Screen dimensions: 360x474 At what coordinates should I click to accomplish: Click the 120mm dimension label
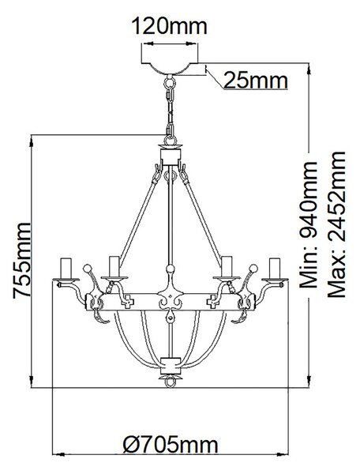click(170, 26)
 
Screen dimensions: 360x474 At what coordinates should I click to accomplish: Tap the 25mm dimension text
click(256, 81)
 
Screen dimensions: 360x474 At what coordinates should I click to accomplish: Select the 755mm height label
click(22, 261)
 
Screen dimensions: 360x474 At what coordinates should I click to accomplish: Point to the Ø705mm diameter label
click(171, 445)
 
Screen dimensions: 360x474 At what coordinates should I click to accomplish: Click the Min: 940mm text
click(309, 224)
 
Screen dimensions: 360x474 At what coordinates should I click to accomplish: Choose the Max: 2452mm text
click(337, 224)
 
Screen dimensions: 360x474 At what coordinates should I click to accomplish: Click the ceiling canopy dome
click(170, 68)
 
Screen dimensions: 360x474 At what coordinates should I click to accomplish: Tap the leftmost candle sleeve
click(66, 268)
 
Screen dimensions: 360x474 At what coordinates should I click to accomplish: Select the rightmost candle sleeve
click(275, 268)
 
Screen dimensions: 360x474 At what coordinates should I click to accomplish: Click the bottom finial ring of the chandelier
click(170, 382)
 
